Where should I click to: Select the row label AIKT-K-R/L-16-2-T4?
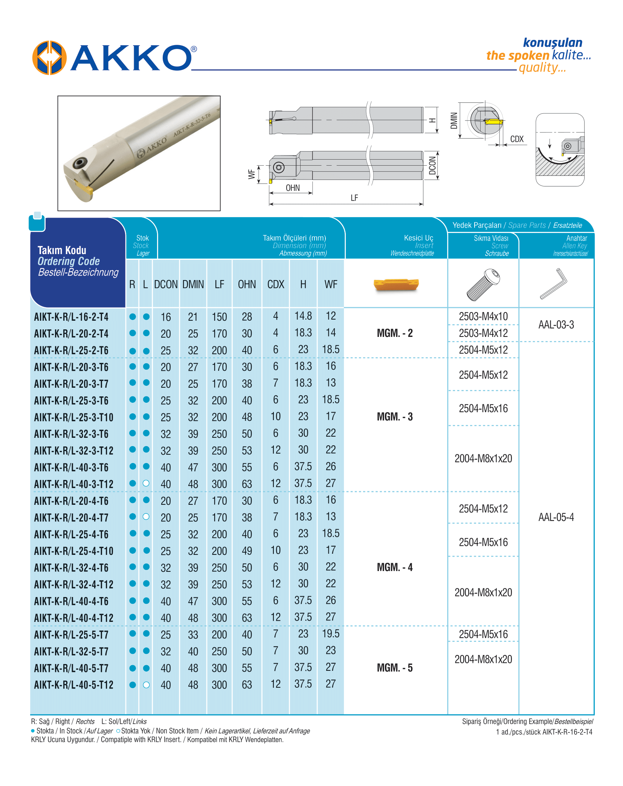(71, 317)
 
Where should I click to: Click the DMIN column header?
(193, 285)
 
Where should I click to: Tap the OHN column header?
(247, 285)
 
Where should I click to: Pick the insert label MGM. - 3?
(395, 417)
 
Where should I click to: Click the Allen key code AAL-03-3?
(556, 325)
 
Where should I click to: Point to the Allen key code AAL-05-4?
(556, 517)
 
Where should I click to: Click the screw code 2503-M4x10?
(483, 317)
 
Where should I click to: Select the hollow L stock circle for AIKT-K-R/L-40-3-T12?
(146, 483)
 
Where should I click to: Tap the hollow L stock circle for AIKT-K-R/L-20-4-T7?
(146, 516)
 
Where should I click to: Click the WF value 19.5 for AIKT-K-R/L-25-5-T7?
(331, 634)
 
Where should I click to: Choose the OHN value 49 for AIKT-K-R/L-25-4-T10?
(247, 551)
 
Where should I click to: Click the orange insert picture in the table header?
(396, 285)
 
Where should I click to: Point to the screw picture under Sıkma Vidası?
(483, 285)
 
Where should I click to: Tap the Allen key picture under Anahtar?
(554, 284)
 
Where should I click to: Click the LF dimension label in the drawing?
(354, 198)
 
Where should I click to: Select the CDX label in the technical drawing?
(517, 139)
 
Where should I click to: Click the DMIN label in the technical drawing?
(454, 120)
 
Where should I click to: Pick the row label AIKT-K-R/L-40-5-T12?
(74, 685)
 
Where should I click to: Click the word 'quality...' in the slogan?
(542, 68)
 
